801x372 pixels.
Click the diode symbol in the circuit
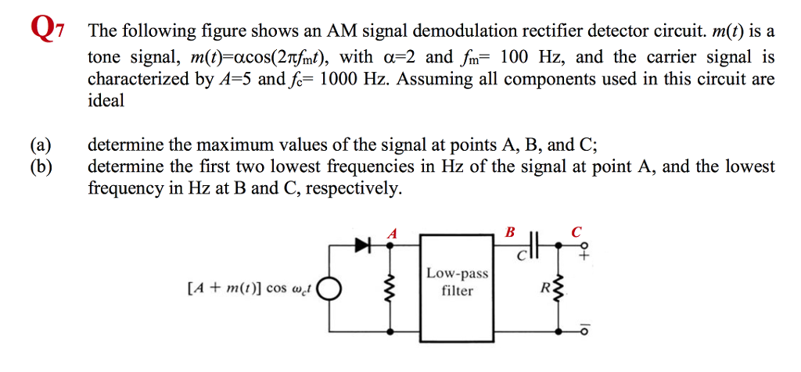[x=362, y=246]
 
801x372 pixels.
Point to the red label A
[x=393, y=232]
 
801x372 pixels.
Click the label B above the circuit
[x=511, y=231]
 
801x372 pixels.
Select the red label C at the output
[x=577, y=231]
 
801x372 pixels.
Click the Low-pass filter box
[x=458, y=284]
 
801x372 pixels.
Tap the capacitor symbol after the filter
[x=533, y=246]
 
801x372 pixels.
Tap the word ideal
[x=106, y=101]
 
